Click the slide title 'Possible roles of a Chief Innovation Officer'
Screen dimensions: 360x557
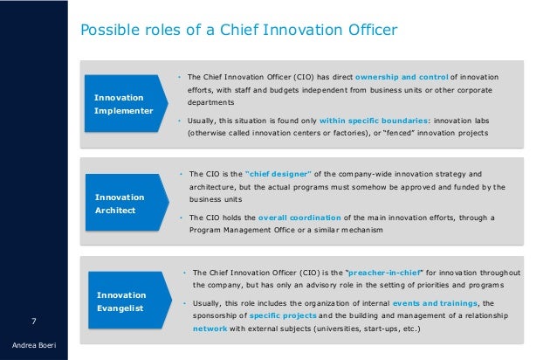(x=238, y=31)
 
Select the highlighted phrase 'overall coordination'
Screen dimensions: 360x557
(x=300, y=218)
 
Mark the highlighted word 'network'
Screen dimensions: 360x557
(x=211, y=329)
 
